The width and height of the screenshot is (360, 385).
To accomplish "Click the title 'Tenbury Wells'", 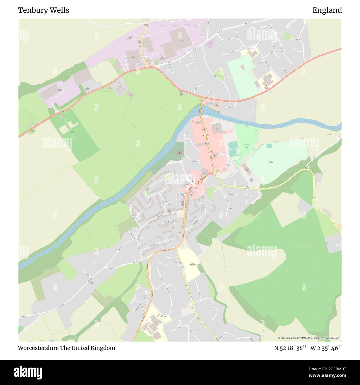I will (x=43, y=10).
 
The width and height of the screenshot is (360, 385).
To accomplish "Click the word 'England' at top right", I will (x=327, y=10).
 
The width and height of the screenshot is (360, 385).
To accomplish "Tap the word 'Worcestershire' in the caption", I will (x=38, y=348).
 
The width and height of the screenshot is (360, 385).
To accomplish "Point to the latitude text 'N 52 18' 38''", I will (x=290, y=348).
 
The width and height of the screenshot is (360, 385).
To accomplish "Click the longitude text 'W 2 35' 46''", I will (x=326, y=348).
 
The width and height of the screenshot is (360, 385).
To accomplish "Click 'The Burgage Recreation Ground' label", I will (x=246, y=146).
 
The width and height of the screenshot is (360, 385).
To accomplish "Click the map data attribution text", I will (x=309, y=338).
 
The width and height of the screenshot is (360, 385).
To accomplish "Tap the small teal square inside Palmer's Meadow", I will (x=269, y=146).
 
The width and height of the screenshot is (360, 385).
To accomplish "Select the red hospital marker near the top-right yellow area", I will (x=266, y=86).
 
